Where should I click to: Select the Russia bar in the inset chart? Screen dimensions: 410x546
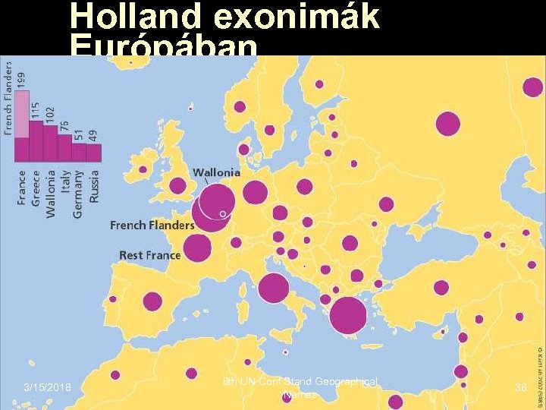93,153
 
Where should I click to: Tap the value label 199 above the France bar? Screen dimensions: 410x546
22,77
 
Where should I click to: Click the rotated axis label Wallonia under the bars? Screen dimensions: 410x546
51,194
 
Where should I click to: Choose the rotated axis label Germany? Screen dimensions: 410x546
79,194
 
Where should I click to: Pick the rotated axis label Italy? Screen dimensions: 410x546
64,185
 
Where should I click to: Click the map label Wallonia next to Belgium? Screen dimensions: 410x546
216,172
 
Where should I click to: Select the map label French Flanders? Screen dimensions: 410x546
152,225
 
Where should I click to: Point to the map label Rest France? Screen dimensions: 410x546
149,255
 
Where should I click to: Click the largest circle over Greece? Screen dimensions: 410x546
348,316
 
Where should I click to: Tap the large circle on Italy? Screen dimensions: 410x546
273,288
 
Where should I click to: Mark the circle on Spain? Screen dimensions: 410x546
152,301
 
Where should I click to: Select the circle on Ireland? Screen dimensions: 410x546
143,170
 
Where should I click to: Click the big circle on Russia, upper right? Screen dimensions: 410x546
447,122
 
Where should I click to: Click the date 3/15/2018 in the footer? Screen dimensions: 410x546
47,389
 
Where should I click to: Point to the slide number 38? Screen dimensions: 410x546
520,387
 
